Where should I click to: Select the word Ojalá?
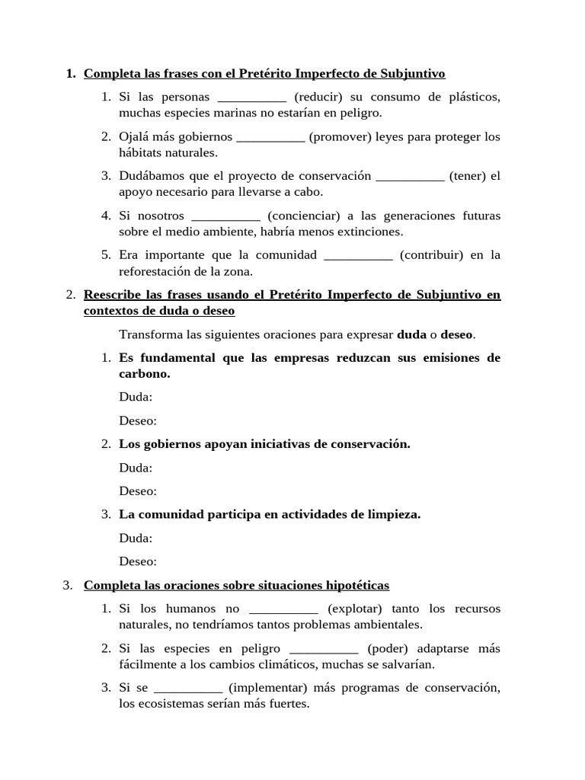pos(135,136)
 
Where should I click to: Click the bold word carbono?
pos(143,374)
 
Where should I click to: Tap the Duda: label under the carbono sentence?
pos(136,397)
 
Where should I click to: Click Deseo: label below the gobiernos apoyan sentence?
pos(138,491)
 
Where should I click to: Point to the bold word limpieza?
pos(393,514)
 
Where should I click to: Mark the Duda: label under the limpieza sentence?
pos(136,538)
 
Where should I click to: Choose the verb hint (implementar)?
pos(267,688)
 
